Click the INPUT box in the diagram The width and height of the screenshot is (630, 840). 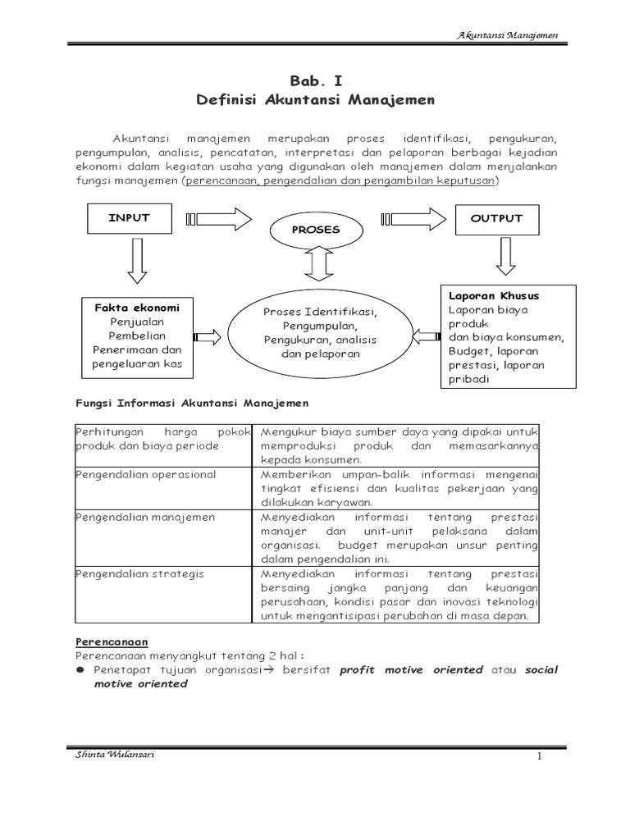click(x=129, y=219)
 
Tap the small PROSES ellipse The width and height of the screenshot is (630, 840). click(x=315, y=230)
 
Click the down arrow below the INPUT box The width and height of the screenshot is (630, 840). click(x=136, y=263)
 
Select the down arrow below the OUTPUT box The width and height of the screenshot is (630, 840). click(x=504, y=257)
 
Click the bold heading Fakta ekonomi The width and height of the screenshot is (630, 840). click(x=137, y=308)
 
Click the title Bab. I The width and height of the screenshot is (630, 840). click(x=315, y=80)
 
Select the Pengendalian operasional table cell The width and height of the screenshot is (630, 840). click(x=145, y=474)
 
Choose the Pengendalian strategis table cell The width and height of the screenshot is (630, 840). click(x=139, y=573)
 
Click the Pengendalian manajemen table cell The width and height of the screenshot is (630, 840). click(x=145, y=517)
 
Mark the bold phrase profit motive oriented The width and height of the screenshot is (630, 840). click(x=411, y=669)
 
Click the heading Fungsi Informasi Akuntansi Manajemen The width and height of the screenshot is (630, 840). click(x=192, y=403)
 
